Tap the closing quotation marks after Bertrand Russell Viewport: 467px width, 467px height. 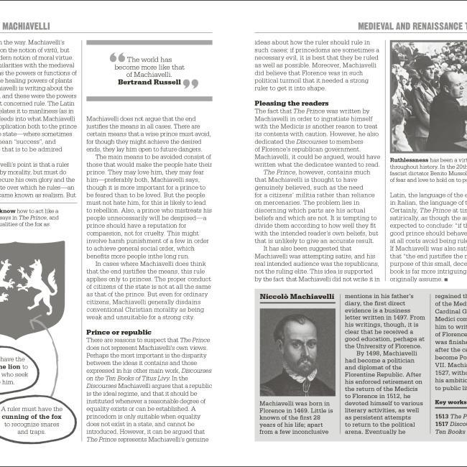(x=189, y=84)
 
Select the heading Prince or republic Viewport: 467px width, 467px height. (x=119, y=332)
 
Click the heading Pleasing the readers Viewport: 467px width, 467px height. (x=291, y=103)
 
